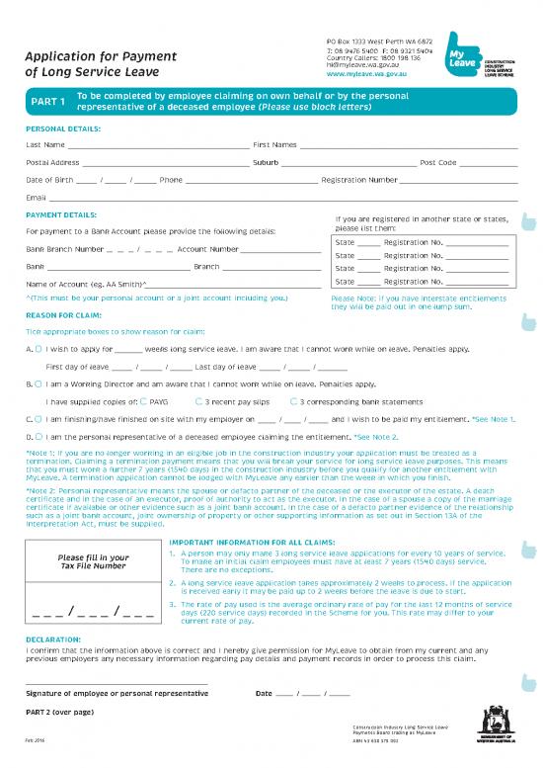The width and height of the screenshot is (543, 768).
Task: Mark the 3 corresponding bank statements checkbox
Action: coord(293,401)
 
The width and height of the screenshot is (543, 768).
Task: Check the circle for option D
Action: coord(38,435)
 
